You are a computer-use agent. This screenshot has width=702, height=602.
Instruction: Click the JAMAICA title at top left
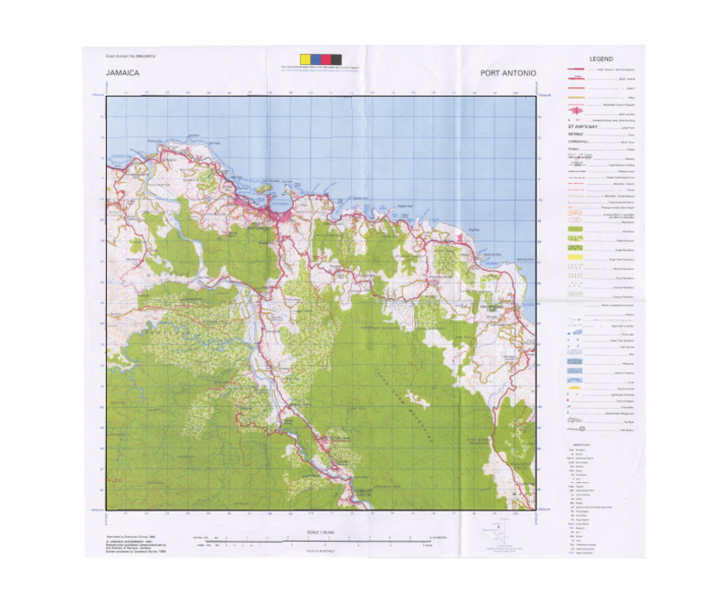click(122, 72)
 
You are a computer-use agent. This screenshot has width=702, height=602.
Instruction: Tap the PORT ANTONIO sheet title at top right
click(507, 72)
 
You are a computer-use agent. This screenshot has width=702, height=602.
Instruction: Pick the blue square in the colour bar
click(314, 59)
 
